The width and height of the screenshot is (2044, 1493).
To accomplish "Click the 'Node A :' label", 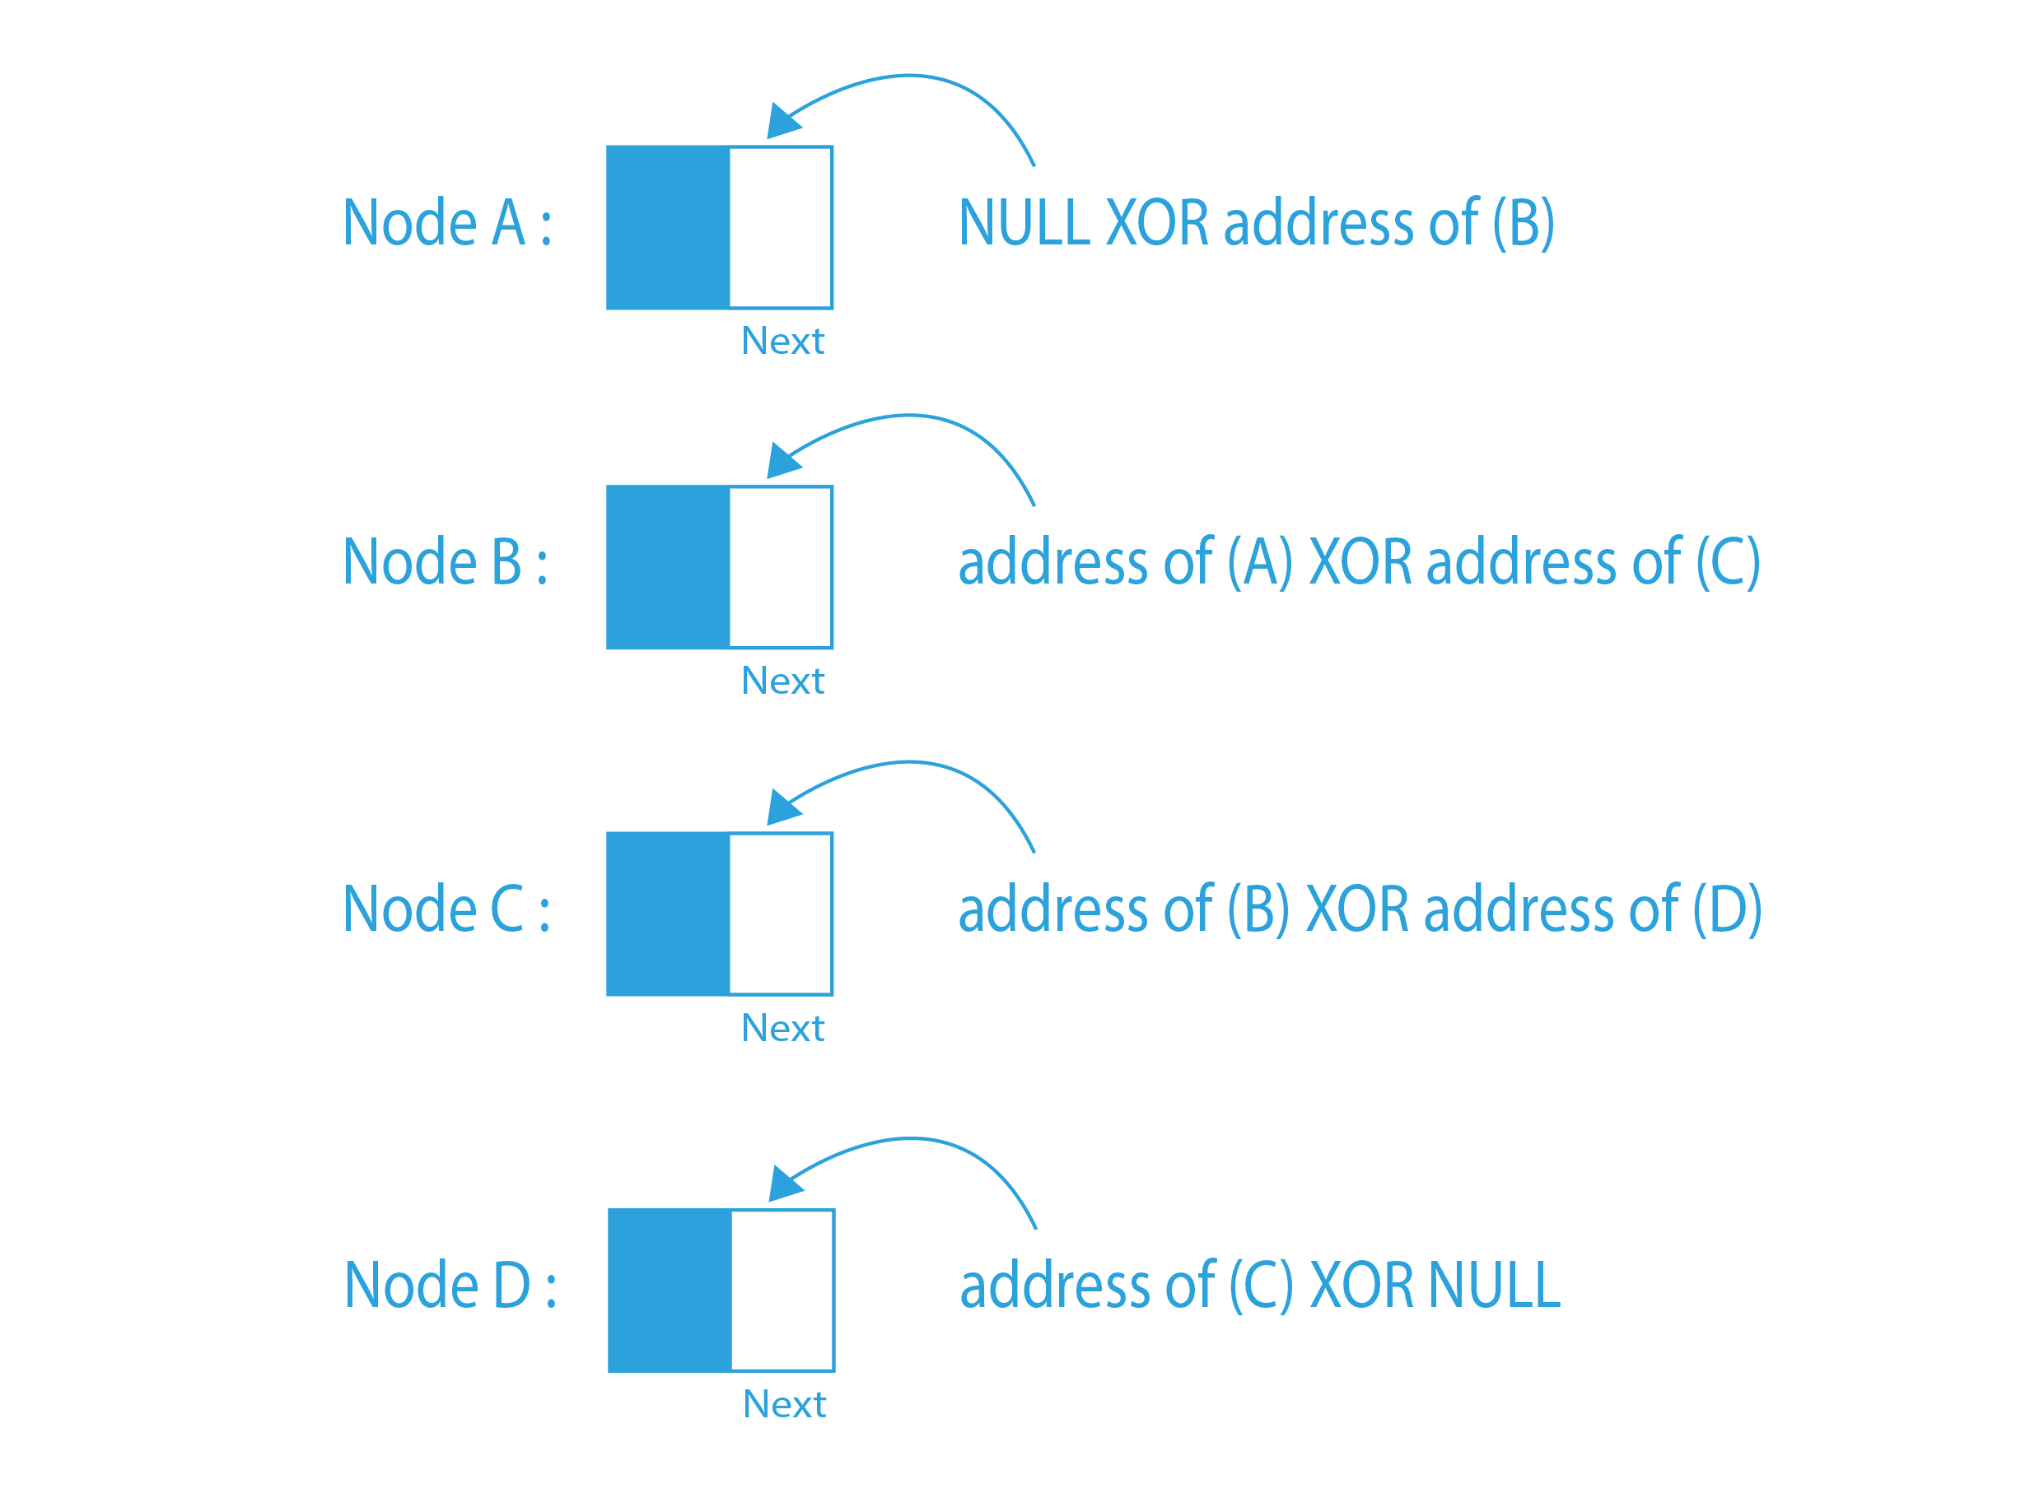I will click(x=446, y=222).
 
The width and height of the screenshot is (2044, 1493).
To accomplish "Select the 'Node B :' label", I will click(x=445, y=561).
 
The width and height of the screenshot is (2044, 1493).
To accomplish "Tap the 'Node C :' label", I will click(x=446, y=909).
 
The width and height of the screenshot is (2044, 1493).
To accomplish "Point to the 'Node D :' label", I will click(x=450, y=1285).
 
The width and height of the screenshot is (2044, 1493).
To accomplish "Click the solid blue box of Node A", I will click(x=668, y=227).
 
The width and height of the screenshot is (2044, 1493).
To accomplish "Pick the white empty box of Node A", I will click(x=780, y=227).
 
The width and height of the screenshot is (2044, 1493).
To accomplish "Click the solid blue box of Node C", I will click(x=668, y=914).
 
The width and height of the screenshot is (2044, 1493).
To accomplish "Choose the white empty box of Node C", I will click(x=780, y=914).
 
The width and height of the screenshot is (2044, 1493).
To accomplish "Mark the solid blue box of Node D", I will click(x=670, y=1290).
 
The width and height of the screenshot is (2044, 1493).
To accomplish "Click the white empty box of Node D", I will click(x=782, y=1290).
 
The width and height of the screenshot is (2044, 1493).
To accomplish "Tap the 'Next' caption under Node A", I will click(x=782, y=341).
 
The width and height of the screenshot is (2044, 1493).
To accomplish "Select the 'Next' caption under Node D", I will click(x=784, y=1403).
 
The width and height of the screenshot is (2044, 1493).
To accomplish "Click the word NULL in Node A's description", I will click(x=1024, y=222).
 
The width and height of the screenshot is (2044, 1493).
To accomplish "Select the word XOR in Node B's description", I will click(x=1360, y=561).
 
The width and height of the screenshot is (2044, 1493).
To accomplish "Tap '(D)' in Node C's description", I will click(x=1727, y=909).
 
